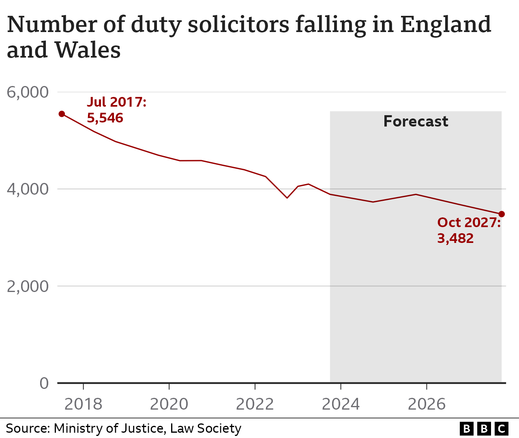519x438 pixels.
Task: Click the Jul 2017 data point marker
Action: [62, 114]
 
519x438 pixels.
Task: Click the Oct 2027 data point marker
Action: [502, 214]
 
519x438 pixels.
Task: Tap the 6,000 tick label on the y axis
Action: [28, 92]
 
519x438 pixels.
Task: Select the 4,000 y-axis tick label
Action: [28, 189]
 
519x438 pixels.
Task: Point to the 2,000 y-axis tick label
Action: [28, 286]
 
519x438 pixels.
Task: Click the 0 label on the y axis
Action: [44, 383]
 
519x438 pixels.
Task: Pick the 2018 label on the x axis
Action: [83, 404]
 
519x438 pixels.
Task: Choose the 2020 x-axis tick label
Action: [169, 404]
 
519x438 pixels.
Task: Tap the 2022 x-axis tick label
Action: [255, 404]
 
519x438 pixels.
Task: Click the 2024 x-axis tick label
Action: [341, 404]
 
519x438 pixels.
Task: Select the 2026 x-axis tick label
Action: [427, 404]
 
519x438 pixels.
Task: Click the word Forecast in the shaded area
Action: [416, 121]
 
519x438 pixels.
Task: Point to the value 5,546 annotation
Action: [105, 118]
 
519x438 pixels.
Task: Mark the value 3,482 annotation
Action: [455, 238]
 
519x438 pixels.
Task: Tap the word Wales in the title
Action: [88, 50]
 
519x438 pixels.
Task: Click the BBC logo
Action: [484, 428]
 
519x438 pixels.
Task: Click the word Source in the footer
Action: [28, 428]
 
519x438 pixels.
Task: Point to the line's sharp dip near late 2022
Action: [287, 198]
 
